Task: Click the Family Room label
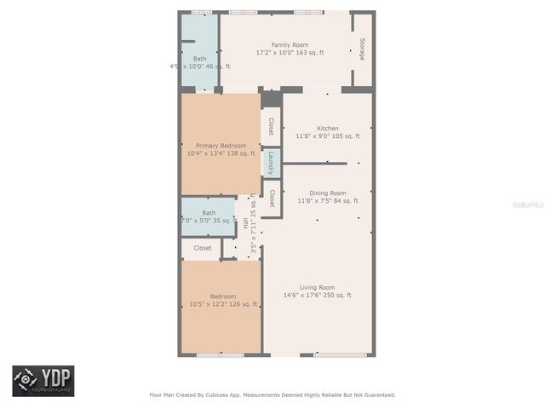[290, 45]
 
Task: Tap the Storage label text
[362, 49]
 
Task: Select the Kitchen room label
[328, 128]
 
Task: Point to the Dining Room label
[328, 193]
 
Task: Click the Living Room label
[318, 287]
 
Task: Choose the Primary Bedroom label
[221, 146]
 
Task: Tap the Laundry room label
[271, 162]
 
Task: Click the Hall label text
[246, 223]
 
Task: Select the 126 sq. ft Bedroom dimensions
[221, 304]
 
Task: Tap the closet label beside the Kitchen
[271, 126]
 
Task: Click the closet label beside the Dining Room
[271, 199]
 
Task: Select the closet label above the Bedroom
[203, 248]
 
